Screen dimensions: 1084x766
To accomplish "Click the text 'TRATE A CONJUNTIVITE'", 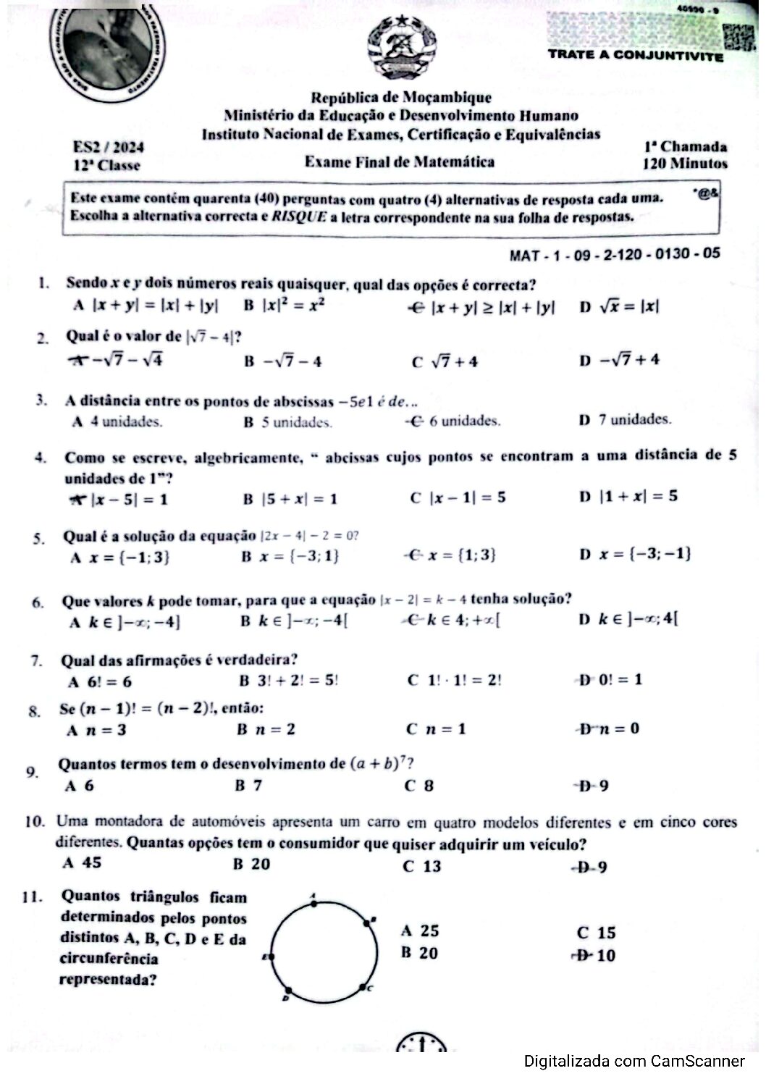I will pyautogui.click(x=635, y=55).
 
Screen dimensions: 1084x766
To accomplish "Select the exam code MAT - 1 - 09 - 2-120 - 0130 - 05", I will pyautogui.click(x=615, y=254).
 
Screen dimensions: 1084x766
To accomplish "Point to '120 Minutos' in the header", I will pyautogui.click(x=685, y=164).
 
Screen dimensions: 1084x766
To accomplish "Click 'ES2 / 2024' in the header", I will pyautogui.click(x=109, y=147).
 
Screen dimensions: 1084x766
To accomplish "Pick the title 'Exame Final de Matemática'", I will pyautogui.click(x=400, y=161).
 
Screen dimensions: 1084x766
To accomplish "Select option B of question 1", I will pyautogui.click(x=284, y=306).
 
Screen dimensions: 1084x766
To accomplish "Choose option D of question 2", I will pyautogui.click(x=619, y=360).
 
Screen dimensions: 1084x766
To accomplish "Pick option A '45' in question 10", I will pyautogui.click(x=83, y=862).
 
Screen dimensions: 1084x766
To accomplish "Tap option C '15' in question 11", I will pyautogui.click(x=597, y=933).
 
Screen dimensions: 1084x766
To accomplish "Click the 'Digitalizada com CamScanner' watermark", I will pyautogui.click(x=634, y=1062).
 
